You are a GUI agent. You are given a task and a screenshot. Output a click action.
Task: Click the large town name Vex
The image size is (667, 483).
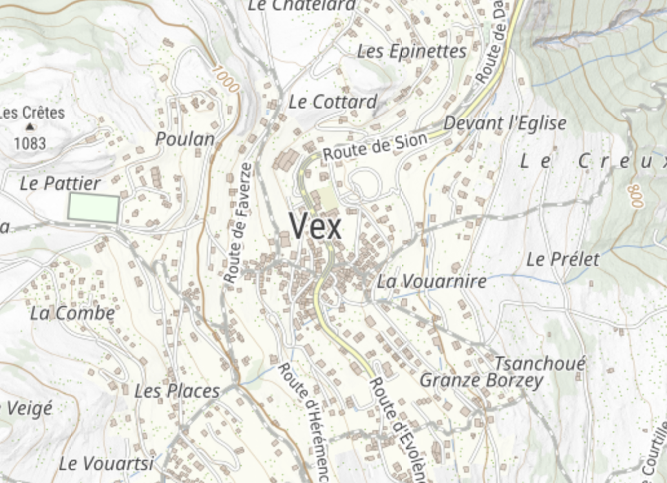(315, 227)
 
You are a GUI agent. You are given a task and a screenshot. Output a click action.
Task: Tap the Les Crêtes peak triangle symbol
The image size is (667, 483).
(30, 127)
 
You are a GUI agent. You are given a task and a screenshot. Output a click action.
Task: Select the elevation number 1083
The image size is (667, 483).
(30, 143)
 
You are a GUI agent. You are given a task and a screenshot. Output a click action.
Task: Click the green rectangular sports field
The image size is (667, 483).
(94, 208)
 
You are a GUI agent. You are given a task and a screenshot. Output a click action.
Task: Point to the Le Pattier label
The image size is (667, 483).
(60, 183)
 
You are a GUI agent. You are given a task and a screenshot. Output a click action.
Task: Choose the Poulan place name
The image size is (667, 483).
(185, 139)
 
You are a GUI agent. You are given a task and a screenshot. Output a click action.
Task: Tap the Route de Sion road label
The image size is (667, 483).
(376, 147)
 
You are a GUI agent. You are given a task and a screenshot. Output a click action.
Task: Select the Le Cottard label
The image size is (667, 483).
(332, 102)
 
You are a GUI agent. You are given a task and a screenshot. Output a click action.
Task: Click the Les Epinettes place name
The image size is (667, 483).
(412, 52)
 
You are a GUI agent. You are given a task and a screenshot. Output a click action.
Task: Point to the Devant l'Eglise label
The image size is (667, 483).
(505, 123)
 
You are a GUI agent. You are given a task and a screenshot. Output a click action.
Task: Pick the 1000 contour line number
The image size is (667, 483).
(225, 79)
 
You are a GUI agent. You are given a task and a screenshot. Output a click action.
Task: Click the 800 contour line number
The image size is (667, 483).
(636, 196)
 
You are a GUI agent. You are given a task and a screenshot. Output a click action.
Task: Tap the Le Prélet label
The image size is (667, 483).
(563, 260)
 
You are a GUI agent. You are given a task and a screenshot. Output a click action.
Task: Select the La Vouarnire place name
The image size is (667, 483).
(432, 282)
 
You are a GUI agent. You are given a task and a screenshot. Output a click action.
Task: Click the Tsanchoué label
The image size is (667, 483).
(540, 363)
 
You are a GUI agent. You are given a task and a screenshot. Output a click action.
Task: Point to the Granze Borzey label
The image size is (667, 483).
(482, 380)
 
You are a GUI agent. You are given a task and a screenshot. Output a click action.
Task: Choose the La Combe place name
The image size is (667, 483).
(72, 314)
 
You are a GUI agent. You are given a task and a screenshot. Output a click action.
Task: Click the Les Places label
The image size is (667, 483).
(177, 391)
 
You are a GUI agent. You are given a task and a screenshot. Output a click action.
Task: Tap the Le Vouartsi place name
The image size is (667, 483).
(106, 464)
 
